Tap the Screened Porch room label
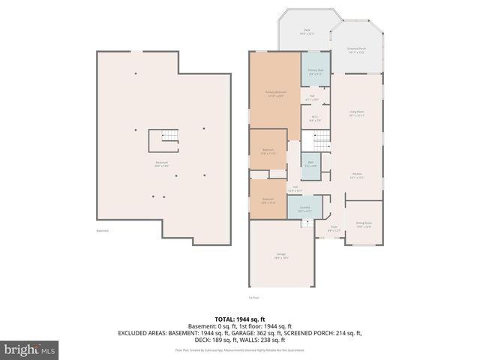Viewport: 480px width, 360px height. point(355,50)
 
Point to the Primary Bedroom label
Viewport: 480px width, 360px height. point(275,94)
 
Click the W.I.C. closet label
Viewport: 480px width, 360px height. point(315,118)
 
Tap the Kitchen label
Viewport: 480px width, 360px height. point(355,177)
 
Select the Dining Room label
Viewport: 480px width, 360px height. point(364,224)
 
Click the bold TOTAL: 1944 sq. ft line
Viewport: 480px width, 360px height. point(240,319)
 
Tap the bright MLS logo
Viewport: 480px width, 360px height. point(29,349)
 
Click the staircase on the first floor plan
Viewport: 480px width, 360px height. point(320,139)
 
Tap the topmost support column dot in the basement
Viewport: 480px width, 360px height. point(135,73)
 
